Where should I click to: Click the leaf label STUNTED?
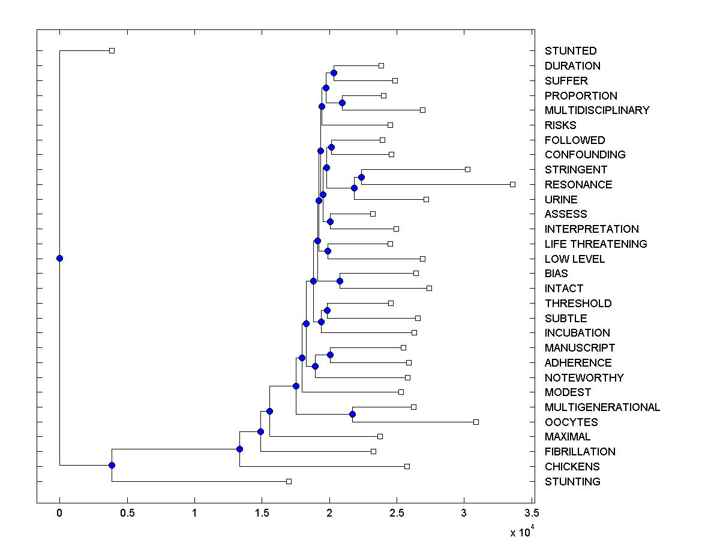pos(571,51)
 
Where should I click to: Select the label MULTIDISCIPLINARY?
pos(597,110)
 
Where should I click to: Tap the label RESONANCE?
pos(578,185)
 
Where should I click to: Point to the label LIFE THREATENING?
pos(596,244)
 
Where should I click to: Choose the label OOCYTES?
pos(571,422)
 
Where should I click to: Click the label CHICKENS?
pos(572,466)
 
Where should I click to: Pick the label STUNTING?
pos(572,481)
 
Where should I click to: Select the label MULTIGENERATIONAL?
pos(602,407)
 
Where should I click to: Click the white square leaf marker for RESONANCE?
pos(512,184)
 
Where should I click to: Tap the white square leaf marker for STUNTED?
pos(112,50)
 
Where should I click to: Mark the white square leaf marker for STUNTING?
pos(289,481)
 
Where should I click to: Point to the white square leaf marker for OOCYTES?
pos(476,422)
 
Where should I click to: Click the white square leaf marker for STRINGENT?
pos(468,169)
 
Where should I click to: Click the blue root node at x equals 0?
pos(59,258)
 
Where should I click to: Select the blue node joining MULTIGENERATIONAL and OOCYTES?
pos(352,414)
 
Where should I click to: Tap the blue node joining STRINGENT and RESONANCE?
pos(361,177)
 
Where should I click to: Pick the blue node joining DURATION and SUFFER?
pos(334,73)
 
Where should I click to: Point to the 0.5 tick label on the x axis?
pos(127,512)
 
